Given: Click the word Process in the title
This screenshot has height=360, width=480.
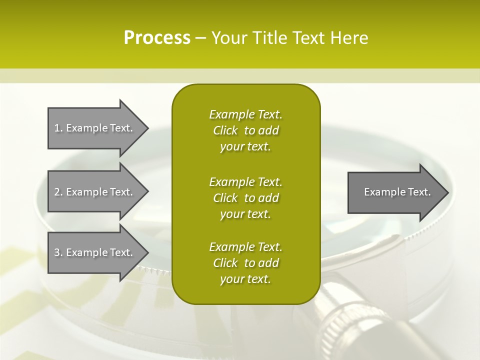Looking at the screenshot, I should pyautogui.click(x=157, y=38).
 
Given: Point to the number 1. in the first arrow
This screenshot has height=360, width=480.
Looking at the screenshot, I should pyautogui.click(x=58, y=128).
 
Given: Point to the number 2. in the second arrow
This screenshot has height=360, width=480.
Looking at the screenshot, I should pyautogui.click(x=58, y=192).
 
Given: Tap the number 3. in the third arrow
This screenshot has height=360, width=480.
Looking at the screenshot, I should pyautogui.click(x=58, y=252).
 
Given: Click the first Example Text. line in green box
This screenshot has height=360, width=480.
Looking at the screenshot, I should pyautogui.click(x=245, y=114).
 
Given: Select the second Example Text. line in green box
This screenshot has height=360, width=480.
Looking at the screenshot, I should pyautogui.click(x=245, y=181).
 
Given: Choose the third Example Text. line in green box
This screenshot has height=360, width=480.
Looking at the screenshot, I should pyautogui.click(x=245, y=247).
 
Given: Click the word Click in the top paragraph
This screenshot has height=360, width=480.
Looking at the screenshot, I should pyautogui.click(x=225, y=130).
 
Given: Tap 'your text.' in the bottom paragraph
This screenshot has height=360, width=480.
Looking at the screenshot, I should pyautogui.click(x=245, y=279).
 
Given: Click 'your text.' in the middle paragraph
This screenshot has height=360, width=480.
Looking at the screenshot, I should pyautogui.click(x=245, y=214).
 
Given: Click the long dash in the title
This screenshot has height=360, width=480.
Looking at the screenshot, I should pyautogui.click(x=200, y=38).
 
